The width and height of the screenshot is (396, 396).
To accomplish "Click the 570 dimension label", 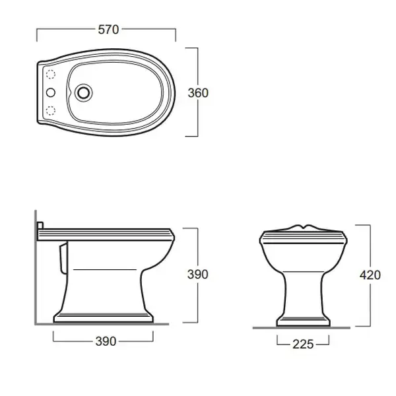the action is [108, 30].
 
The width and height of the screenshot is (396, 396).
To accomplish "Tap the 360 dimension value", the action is [198, 93].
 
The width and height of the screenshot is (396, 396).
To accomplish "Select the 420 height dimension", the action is [370, 275].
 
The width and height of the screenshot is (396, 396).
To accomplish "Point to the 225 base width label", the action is [303, 344].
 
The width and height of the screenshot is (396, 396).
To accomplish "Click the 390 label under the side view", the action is [106, 341].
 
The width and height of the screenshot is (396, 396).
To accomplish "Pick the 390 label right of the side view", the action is [198, 275].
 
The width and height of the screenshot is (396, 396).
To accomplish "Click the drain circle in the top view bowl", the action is [83, 92].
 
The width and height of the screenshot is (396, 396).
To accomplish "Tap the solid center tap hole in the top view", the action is [51, 92].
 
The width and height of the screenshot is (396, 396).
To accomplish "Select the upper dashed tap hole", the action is [51, 74].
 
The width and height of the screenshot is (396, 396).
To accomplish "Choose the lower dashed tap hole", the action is [51, 111].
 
